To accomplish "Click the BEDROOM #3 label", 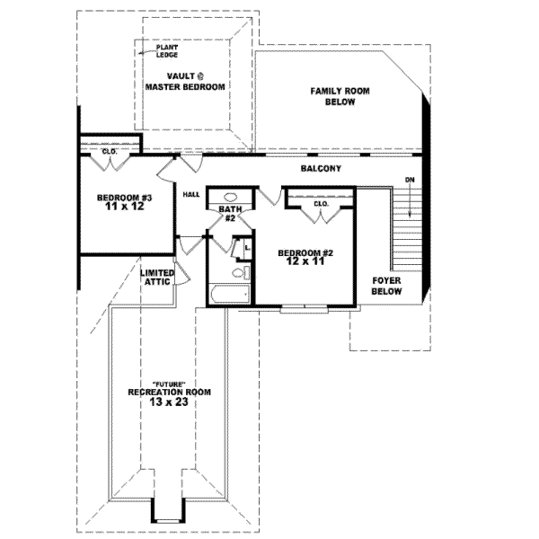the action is click(x=125, y=198).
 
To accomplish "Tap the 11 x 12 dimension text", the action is click(x=125, y=207).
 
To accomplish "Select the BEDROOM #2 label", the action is click(x=305, y=253).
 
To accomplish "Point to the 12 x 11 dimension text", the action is click(x=305, y=261).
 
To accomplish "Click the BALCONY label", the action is click(x=321, y=169).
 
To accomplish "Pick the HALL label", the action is click(x=191, y=195).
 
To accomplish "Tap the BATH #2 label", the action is click(x=230, y=214).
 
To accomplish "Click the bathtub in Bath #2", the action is click(x=230, y=295).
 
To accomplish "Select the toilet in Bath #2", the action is click(x=242, y=273).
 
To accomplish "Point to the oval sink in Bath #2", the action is click(x=230, y=198).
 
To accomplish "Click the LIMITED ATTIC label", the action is click(x=157, y=278).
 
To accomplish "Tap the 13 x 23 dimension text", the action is click(x=169, y=402).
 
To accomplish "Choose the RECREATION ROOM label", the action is click(x=170, y=393).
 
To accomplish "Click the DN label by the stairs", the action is click(x=410, y=180).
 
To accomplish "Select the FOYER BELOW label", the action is click(x=386, y=286).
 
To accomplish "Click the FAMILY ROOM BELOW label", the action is click(x=340, y=97).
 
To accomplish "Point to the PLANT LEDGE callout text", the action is click(x=167, y=51).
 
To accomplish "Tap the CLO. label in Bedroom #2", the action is click(x=322, y=204).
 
